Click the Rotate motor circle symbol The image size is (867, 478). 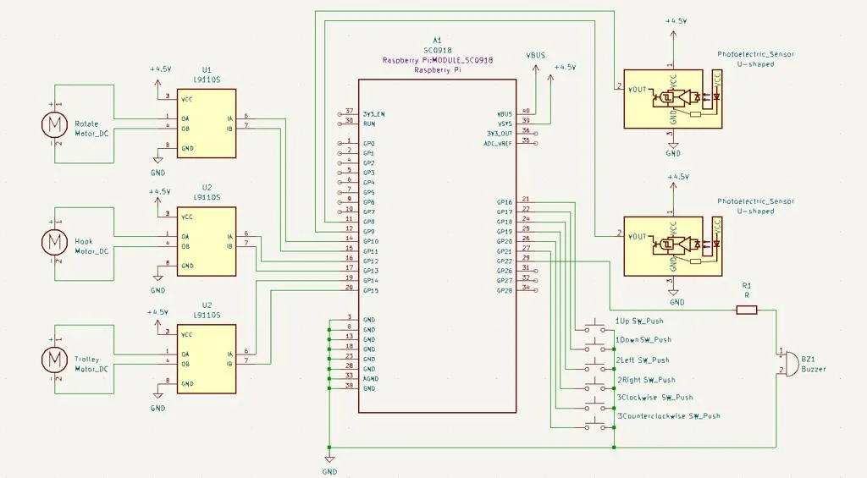click(54, 124)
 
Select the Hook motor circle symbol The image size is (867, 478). click(54, 242)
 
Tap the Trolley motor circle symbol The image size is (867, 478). click(54, 360)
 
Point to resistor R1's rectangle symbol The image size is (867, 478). click(746, 310)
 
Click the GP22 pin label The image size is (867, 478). click(504, 261)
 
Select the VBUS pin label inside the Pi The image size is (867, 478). click(505, 114)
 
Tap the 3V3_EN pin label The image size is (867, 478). click(373, 114)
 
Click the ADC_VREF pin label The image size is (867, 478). click(498, 143)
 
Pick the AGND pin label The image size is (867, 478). click(371, 379)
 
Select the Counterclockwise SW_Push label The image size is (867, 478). click(671, 416)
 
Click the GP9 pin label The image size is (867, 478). click(368, 232)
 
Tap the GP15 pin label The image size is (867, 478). click(370, 291)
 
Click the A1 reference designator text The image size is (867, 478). click(437, 41)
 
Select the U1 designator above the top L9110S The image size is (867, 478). click(207, 69)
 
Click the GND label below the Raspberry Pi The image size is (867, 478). click(329, 471)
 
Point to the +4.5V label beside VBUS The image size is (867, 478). click(565, 67)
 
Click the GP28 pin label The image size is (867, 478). click(504, 291)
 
